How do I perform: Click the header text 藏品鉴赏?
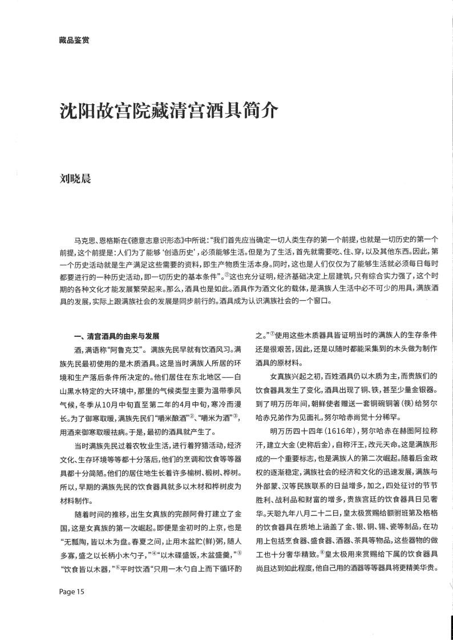pyautogui.click(x=74, y=40)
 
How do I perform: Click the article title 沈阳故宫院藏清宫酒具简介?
pyautogui.click(x=169, y=111)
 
